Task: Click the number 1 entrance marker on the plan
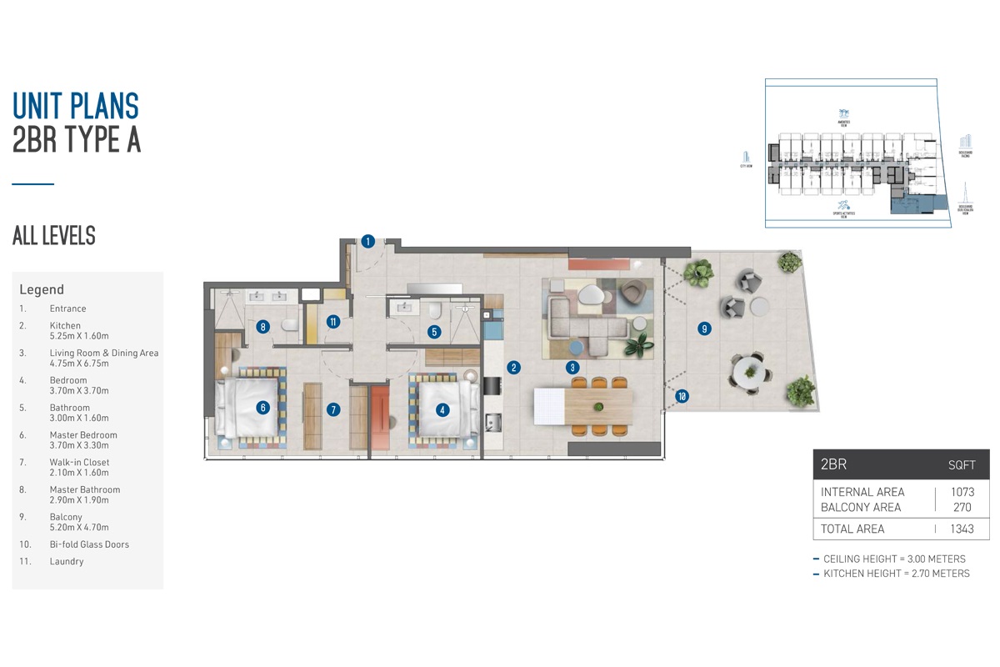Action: (x=367, y=242)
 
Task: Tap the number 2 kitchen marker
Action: (x=514, y=367)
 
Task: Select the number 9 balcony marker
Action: (x=704, y=329)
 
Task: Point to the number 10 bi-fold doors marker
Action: (x=682, y=397)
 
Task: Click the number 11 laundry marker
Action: (x=332, y=321)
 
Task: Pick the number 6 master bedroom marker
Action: (x=262, y=408)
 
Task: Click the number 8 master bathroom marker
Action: (x=262, y=327)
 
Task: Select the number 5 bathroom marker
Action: (x=433, y=331)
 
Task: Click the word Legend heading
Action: (x=42, y=290)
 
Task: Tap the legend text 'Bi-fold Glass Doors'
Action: (x=89, y=544)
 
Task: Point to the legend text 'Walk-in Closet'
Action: (x=79, y=462)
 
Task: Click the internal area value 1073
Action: (x=962, y=492)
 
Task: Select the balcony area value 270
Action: (x=962, y=507)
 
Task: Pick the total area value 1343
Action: (x=962, y=529)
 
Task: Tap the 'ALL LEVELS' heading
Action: (x=54, y=236)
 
